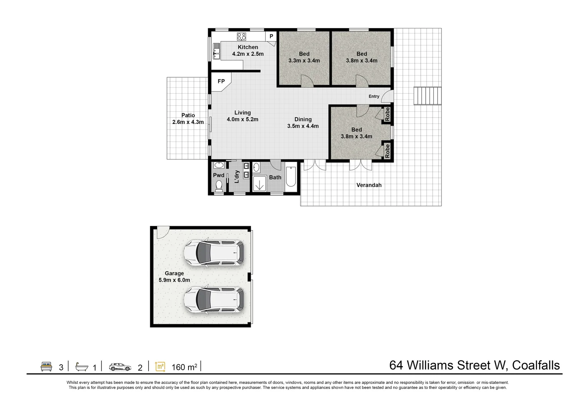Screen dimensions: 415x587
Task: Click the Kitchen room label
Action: [x=248, y=47]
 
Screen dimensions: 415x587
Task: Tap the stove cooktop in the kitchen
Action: [x=241, y=37]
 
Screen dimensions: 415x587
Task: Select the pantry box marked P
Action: [x=271, y=37]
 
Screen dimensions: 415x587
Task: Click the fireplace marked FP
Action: [x=221, y=81]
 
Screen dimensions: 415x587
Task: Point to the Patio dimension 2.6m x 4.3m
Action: [x=188, y=122]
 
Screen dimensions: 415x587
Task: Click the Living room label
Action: [x=242, y=113]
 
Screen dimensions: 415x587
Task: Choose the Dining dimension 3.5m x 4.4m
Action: [x=303, y=126]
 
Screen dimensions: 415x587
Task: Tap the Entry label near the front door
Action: [x=374, y=96]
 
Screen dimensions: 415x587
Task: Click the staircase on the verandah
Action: [x=427, y=96]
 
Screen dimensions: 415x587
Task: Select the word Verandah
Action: [x=369, y=185]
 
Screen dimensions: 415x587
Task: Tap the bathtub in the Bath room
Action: [x=291, y=176]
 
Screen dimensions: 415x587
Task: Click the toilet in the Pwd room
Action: [x=219, y=186]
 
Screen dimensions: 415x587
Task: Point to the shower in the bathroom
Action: [x=260, y=183]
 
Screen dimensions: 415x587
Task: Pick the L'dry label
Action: [x=237, y=176]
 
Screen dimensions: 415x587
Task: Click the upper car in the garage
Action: [x=213, y=253]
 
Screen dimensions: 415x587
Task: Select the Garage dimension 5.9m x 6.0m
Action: [x=174, y=280]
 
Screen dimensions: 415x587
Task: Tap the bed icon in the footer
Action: [x=46, y=367]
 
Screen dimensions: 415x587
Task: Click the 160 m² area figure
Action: [x=184, y=367]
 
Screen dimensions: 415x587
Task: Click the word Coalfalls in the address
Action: [x=536, y=365]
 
